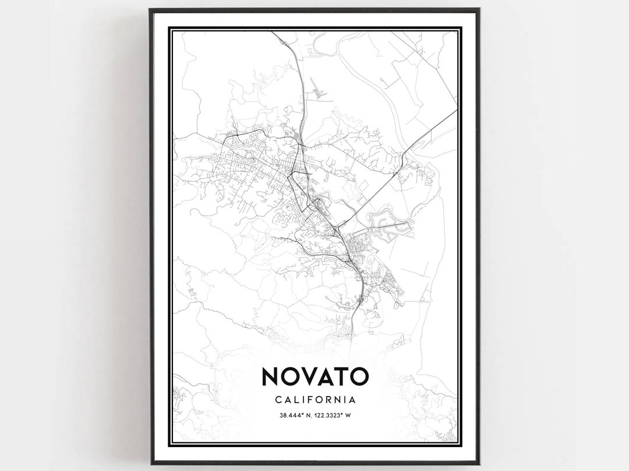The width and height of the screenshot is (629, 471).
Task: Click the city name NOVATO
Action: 315,377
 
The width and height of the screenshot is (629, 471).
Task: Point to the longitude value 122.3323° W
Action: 333,415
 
